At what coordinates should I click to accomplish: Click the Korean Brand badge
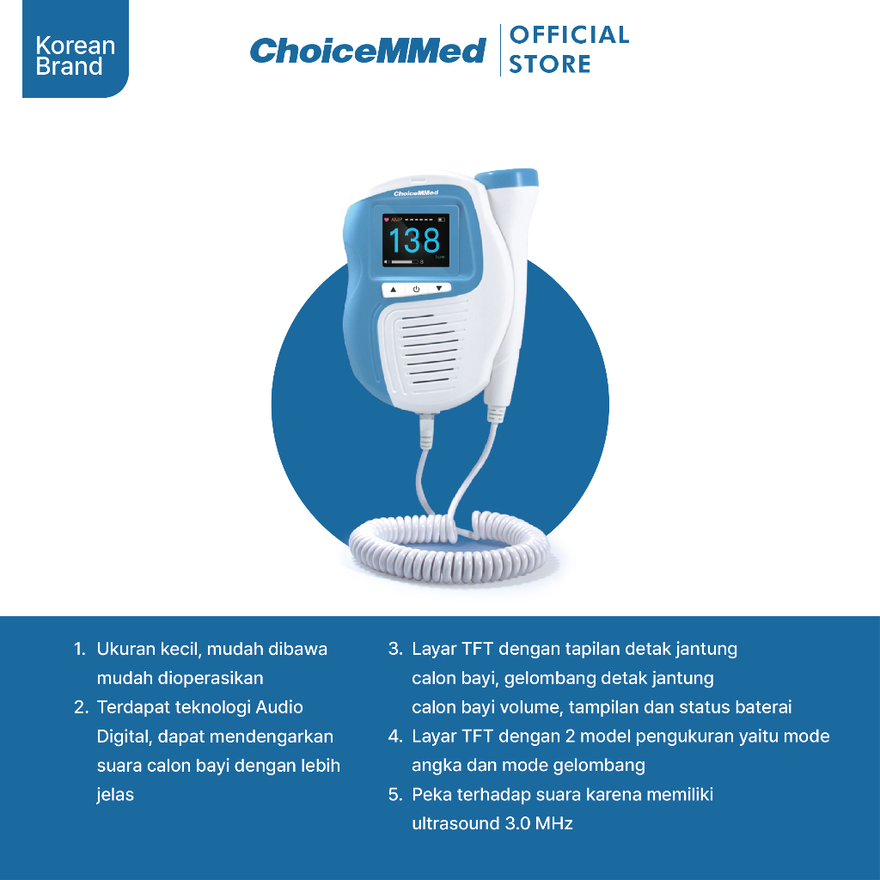76,49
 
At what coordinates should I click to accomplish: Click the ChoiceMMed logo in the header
368,51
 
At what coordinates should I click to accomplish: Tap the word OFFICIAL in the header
569,34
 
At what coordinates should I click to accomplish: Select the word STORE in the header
549,64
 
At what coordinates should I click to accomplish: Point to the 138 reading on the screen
415,241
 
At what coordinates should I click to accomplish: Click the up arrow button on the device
394,290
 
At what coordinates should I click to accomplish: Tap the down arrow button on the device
439,288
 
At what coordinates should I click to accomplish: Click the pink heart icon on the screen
386,219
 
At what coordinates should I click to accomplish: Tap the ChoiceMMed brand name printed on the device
416,193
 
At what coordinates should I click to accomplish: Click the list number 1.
79,650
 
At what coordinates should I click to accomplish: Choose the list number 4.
395,736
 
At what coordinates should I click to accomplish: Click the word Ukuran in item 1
126,649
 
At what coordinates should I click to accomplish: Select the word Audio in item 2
279,707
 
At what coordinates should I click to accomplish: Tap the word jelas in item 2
115,795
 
